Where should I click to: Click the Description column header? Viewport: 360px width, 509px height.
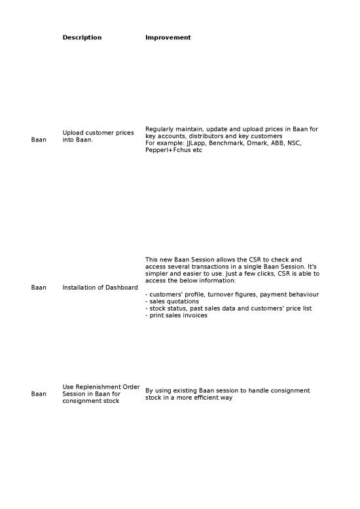82,37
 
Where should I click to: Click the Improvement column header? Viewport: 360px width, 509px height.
168,37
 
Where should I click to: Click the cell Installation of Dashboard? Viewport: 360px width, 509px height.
100,287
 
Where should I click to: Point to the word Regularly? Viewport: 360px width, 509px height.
161,128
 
